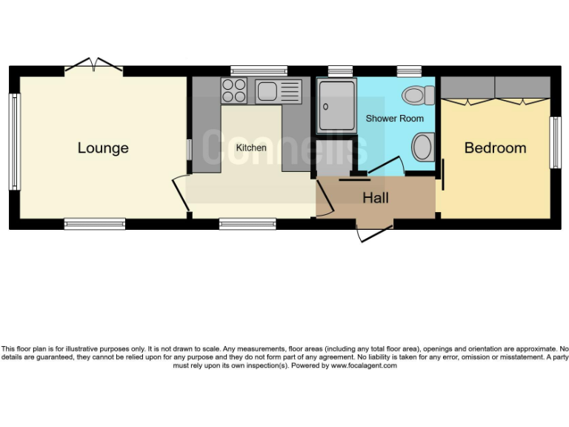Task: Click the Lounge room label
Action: [103, 148]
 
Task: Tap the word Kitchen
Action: [251, 148]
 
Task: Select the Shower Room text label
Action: [395, 119]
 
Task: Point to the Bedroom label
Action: [495, 148]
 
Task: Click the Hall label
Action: [376, 198]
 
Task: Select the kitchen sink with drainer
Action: [278, 91]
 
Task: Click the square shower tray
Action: [336, 107]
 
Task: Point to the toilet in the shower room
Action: [420, 96]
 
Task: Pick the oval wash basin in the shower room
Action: [422, 147]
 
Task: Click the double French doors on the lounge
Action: [93, 67]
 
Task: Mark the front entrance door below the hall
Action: [373, 233]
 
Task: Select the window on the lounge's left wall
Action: [13, 141]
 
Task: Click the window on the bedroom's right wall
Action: [553, 142]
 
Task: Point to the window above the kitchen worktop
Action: [259, 70]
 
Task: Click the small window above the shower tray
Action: [340, 71]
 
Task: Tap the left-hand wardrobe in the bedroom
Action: [467, 89]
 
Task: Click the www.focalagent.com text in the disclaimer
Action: [364, 365]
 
